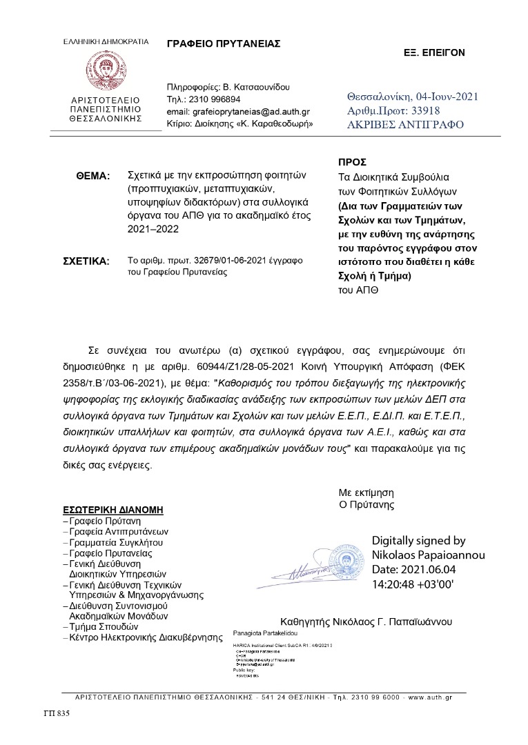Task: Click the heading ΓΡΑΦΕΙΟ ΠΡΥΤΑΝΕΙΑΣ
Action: coord(223,43)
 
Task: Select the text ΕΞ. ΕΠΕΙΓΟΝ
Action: coord(434,52)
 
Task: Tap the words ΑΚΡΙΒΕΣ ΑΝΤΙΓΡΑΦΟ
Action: coord(406,125)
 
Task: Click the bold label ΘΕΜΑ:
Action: coord(93,177)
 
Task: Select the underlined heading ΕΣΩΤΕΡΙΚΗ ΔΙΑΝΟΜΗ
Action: coord(113,510)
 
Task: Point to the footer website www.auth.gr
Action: coord(430,698)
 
